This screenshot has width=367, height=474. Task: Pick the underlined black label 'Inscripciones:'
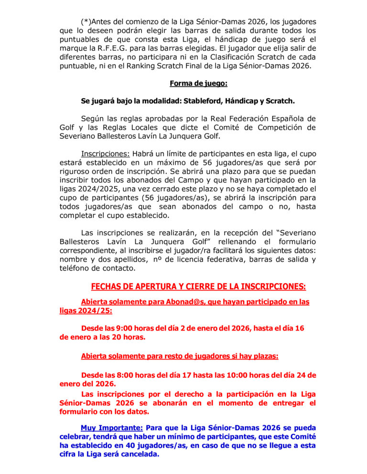[106, 154]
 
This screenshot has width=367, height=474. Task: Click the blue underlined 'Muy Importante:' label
[111, 428]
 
